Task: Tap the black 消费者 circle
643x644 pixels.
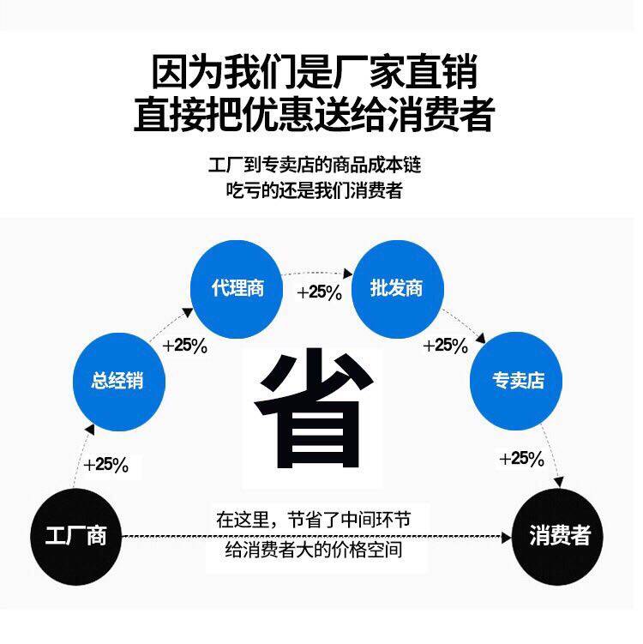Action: tap(560, 537)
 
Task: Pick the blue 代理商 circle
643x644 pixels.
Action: tap(237, 288)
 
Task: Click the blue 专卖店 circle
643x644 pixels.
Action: tap(517, 380)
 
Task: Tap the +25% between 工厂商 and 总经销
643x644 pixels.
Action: tap(105, 465)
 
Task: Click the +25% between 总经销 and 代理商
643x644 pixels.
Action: tap(184, 346)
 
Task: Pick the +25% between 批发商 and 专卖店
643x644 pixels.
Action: tap(445, 346)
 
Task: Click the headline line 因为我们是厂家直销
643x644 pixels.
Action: tap(315, 73)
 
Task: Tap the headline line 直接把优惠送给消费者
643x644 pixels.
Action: tap(315, 115)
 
